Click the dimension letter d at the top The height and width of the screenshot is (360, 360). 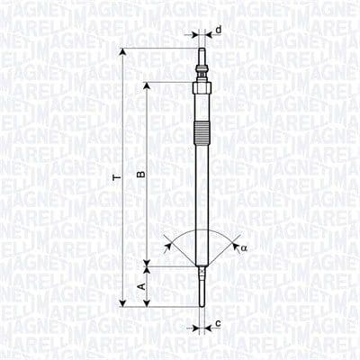coord(219,31)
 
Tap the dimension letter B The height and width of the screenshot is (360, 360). coord(139,174)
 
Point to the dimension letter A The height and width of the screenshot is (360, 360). coord(139,286)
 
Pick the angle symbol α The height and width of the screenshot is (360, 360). coord(244,247)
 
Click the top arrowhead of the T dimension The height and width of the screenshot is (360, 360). coord(123,55)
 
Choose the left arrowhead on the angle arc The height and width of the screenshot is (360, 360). coord(168,243)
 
